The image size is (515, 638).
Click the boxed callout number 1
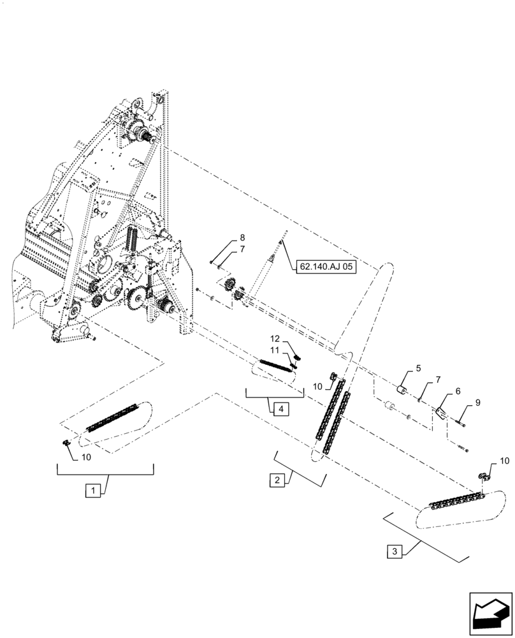coord(93,491)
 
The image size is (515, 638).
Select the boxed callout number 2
coord(276,480)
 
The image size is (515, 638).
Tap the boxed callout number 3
coord(395,551)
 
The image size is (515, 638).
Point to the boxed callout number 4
coord(279,408)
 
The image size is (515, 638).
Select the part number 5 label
coord(418,368)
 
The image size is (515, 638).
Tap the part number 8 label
coord(224,237)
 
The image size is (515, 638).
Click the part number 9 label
coord(478,404)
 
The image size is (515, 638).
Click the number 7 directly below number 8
coord(224,249)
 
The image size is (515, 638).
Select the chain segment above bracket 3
coord(456,502)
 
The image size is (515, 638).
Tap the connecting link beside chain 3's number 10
coord(484,475)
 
